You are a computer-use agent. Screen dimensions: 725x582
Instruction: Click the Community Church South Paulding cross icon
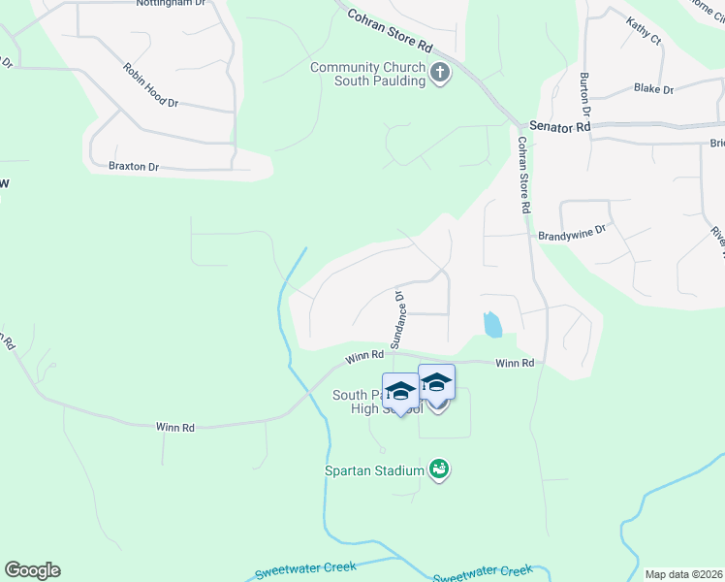point(440,74)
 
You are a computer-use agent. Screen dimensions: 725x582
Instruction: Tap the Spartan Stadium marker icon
point(439,470)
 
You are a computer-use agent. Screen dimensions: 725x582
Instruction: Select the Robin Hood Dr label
point(150,85)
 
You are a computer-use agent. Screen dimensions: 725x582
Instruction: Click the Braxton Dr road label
point(134,167)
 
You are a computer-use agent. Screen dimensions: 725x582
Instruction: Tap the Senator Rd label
point(560,127)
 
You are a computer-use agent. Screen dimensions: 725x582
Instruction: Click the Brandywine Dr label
point(571,233)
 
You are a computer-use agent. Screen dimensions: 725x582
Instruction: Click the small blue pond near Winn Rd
point(492,324)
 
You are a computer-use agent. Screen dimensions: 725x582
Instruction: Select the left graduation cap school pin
point(399,391)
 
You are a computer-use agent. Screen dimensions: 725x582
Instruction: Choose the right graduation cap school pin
point(436,382)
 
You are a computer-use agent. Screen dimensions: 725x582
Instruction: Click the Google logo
point(32,570)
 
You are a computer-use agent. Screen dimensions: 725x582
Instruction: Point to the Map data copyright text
point(683,574)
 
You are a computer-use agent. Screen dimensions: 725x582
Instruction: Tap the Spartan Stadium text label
point(374,471)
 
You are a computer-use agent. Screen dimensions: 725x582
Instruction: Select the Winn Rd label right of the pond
point(515,364)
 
